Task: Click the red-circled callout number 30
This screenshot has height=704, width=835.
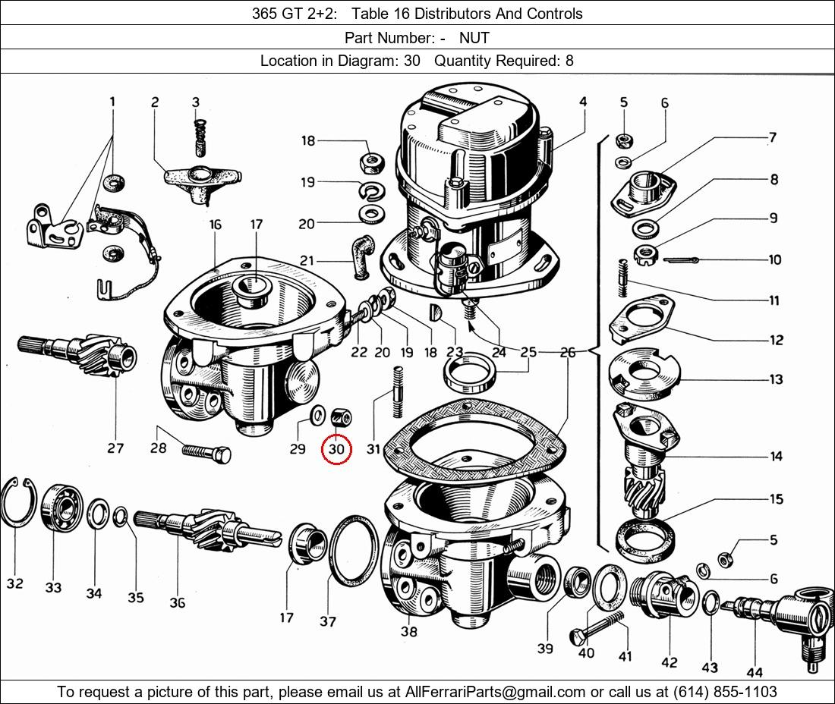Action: (x=336, y=449)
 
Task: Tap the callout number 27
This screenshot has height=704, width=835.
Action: (x=115, y=448)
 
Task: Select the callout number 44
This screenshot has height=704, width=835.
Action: (x=755, y=671)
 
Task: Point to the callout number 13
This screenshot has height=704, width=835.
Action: (x=775, y=379)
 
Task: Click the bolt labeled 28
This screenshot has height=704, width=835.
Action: (x=206, y=453)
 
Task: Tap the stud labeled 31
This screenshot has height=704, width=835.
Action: (x=396, y=391)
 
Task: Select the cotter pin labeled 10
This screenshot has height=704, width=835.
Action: (x=686, y=261)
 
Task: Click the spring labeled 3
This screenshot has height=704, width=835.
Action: (x=200, y=130)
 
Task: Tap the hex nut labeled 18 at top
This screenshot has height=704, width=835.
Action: (x=371, y=162)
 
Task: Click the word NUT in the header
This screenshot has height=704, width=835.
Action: (x=474, y=38)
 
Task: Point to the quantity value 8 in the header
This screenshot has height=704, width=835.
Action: (x=569, y=61)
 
